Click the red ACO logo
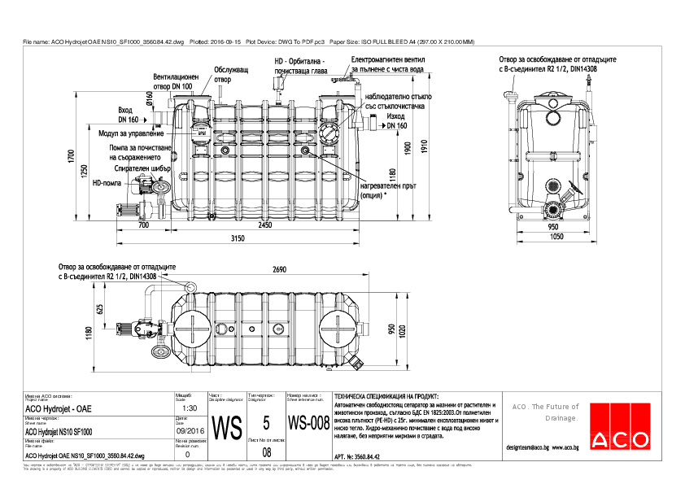(x=622, y=426)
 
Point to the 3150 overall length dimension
(x=237, y=238)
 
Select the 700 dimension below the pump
(x=143, y=225)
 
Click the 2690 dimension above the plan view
(x=279, y=269)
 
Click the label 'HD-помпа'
(x=107, y=184)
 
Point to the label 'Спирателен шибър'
(x=142, y=169)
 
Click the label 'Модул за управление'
(x=135, y=133)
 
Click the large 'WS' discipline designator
(x=227, y=426)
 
